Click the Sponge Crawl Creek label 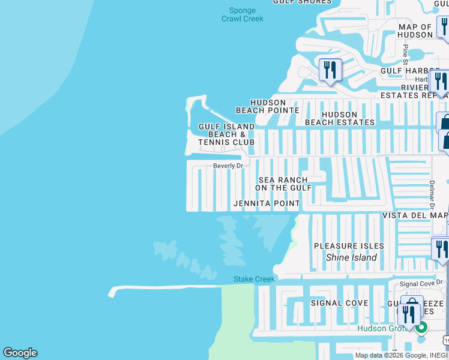point(243,14)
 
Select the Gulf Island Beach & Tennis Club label point(226,134)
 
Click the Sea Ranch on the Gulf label point(283,184)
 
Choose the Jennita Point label point(267,204)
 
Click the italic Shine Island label point(351,257)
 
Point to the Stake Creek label point(254,279)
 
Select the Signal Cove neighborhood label point(339,303)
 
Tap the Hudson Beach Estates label point(340,118)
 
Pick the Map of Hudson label point(415,31)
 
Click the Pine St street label point(406,55)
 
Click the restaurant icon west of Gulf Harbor point(330,70)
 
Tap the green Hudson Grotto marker point(422,327)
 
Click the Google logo point(20,353)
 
